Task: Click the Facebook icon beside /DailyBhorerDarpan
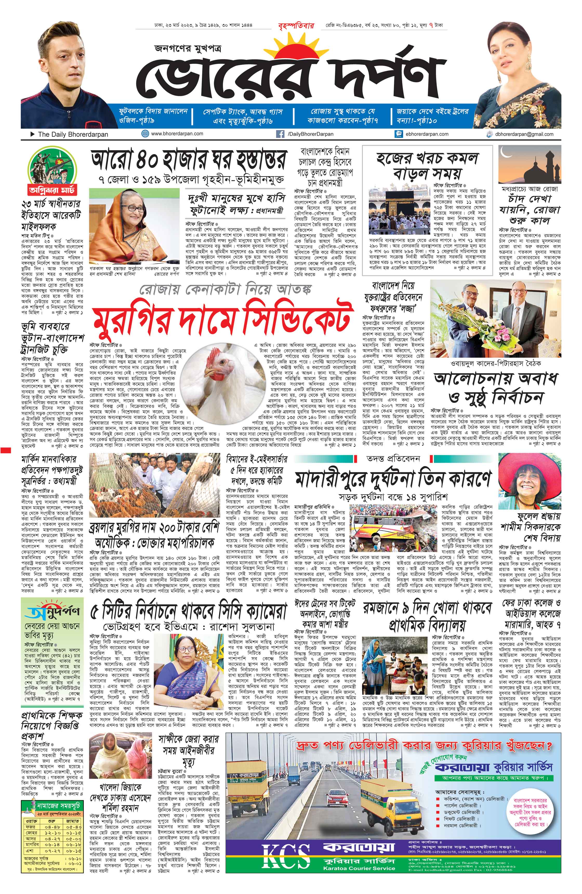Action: coord(280,134)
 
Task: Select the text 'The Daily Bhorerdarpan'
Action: coord(72,134)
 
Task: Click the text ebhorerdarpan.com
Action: coord(427,134)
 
